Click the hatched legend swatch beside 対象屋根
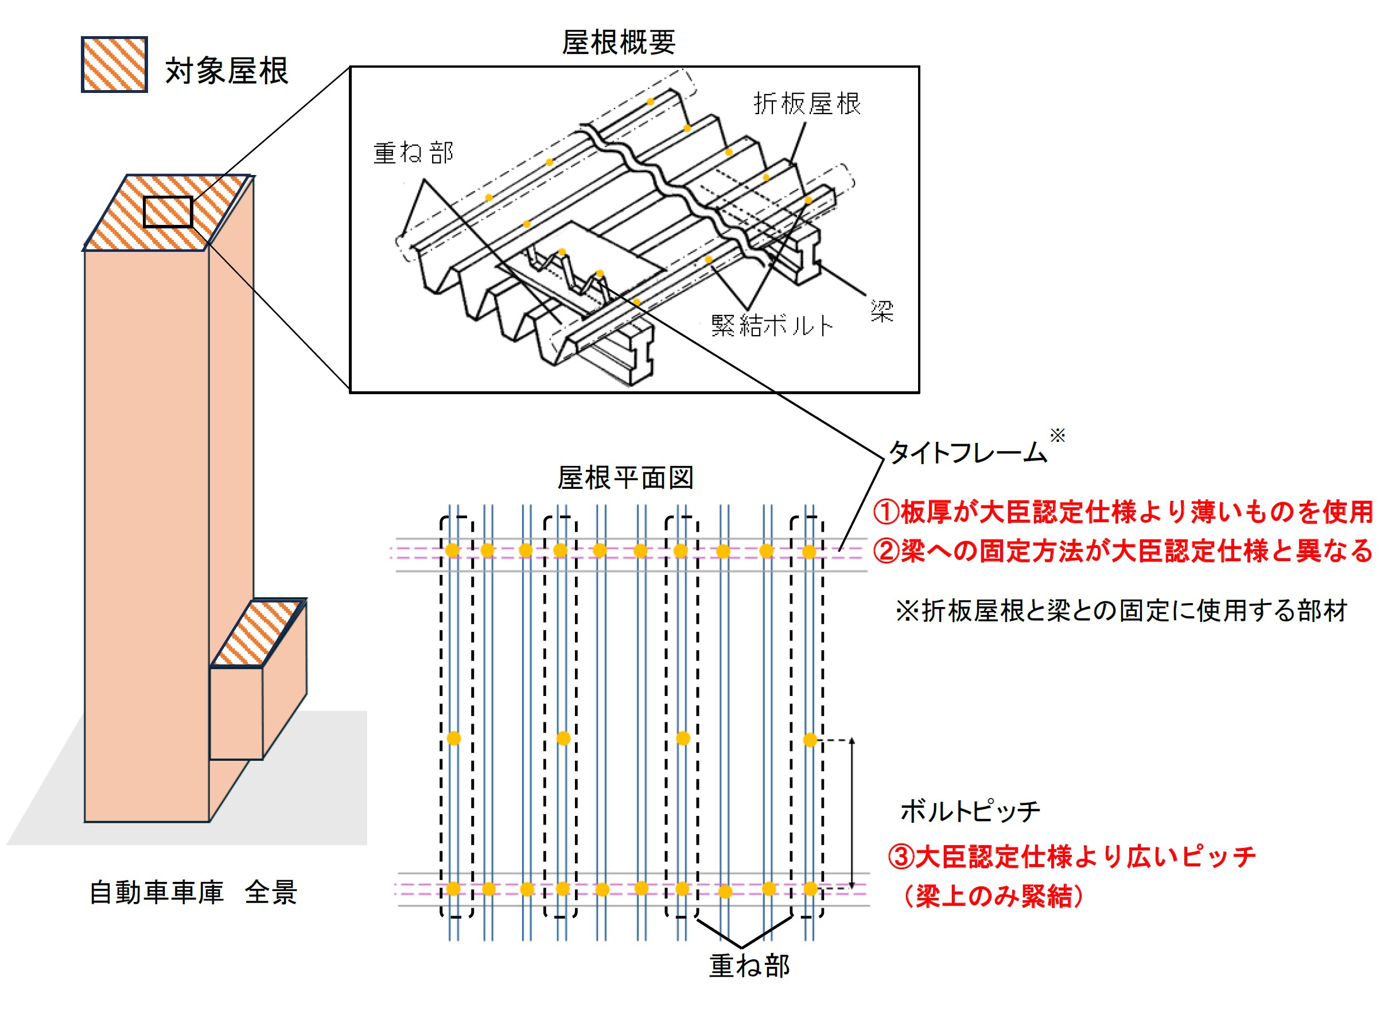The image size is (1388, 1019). [114, 65]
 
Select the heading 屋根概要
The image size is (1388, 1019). [618, 42]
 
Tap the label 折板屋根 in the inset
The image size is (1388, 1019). [806, 104]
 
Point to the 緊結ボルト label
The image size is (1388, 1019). [771, 326]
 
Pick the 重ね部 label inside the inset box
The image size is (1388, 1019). [413, 153]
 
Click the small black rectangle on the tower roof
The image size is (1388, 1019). [168, 212]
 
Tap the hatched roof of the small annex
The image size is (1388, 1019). [258, 633]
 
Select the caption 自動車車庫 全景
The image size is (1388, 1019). [193, 893]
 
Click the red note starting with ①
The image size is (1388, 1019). [1122, 512]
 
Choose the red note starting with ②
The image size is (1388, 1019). [1122, 551]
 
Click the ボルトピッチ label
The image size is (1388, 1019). [970, 811]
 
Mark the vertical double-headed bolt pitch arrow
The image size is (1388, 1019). [852, 813]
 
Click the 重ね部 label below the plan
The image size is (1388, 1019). [748, 966]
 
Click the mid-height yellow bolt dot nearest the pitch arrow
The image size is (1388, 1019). [810, 740]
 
